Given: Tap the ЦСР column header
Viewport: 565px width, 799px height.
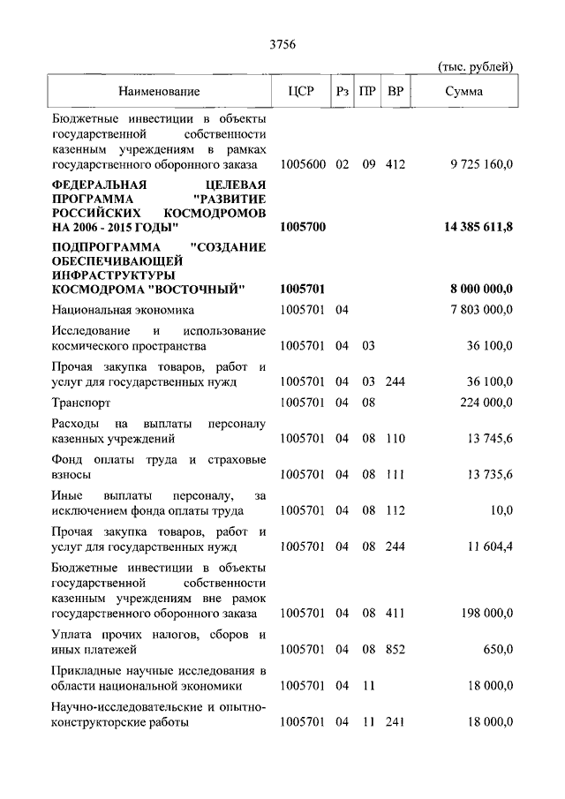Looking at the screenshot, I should point(302,91).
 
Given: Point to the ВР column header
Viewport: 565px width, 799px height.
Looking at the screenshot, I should point(396,91).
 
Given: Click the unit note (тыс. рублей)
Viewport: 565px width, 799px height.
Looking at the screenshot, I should point(475,67).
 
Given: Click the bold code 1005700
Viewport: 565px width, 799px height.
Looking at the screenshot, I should point(303,228).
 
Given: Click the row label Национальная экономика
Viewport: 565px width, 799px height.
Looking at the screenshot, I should point(123,310).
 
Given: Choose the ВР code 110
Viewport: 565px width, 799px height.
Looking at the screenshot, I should point(395,438).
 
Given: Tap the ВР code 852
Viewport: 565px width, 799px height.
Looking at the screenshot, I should point(395,650).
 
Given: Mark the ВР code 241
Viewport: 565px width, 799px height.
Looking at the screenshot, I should point(395,722).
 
